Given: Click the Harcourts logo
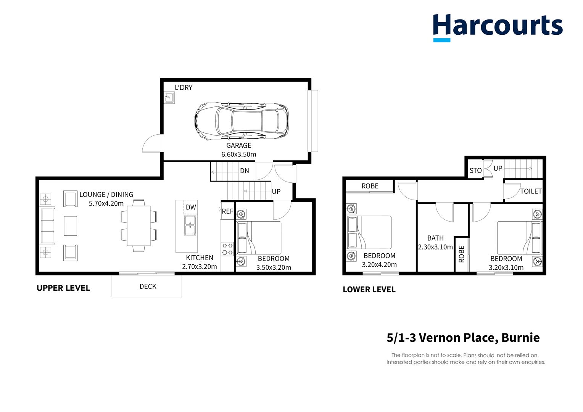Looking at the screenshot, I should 497,27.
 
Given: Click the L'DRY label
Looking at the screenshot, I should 184,87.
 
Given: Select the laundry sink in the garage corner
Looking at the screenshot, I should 169,98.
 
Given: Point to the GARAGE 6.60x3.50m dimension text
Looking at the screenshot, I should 239,154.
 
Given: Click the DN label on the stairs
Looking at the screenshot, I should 244,171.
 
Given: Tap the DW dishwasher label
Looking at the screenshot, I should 191,207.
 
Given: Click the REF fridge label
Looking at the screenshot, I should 227,211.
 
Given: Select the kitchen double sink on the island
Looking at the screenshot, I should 190,225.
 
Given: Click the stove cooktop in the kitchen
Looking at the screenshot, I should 227,249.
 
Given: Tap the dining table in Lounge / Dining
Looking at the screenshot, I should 139,226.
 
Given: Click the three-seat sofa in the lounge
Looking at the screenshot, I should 48,226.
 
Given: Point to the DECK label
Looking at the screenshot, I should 148,286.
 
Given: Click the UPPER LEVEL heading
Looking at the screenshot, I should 63,288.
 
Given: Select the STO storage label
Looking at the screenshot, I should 475,171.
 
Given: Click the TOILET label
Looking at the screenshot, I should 531,191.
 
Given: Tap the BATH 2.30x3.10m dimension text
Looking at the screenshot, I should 435,247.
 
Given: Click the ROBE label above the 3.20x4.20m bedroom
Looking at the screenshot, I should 370,186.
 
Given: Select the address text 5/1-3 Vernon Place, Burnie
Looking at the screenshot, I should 463,338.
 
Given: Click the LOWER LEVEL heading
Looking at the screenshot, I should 369,290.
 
